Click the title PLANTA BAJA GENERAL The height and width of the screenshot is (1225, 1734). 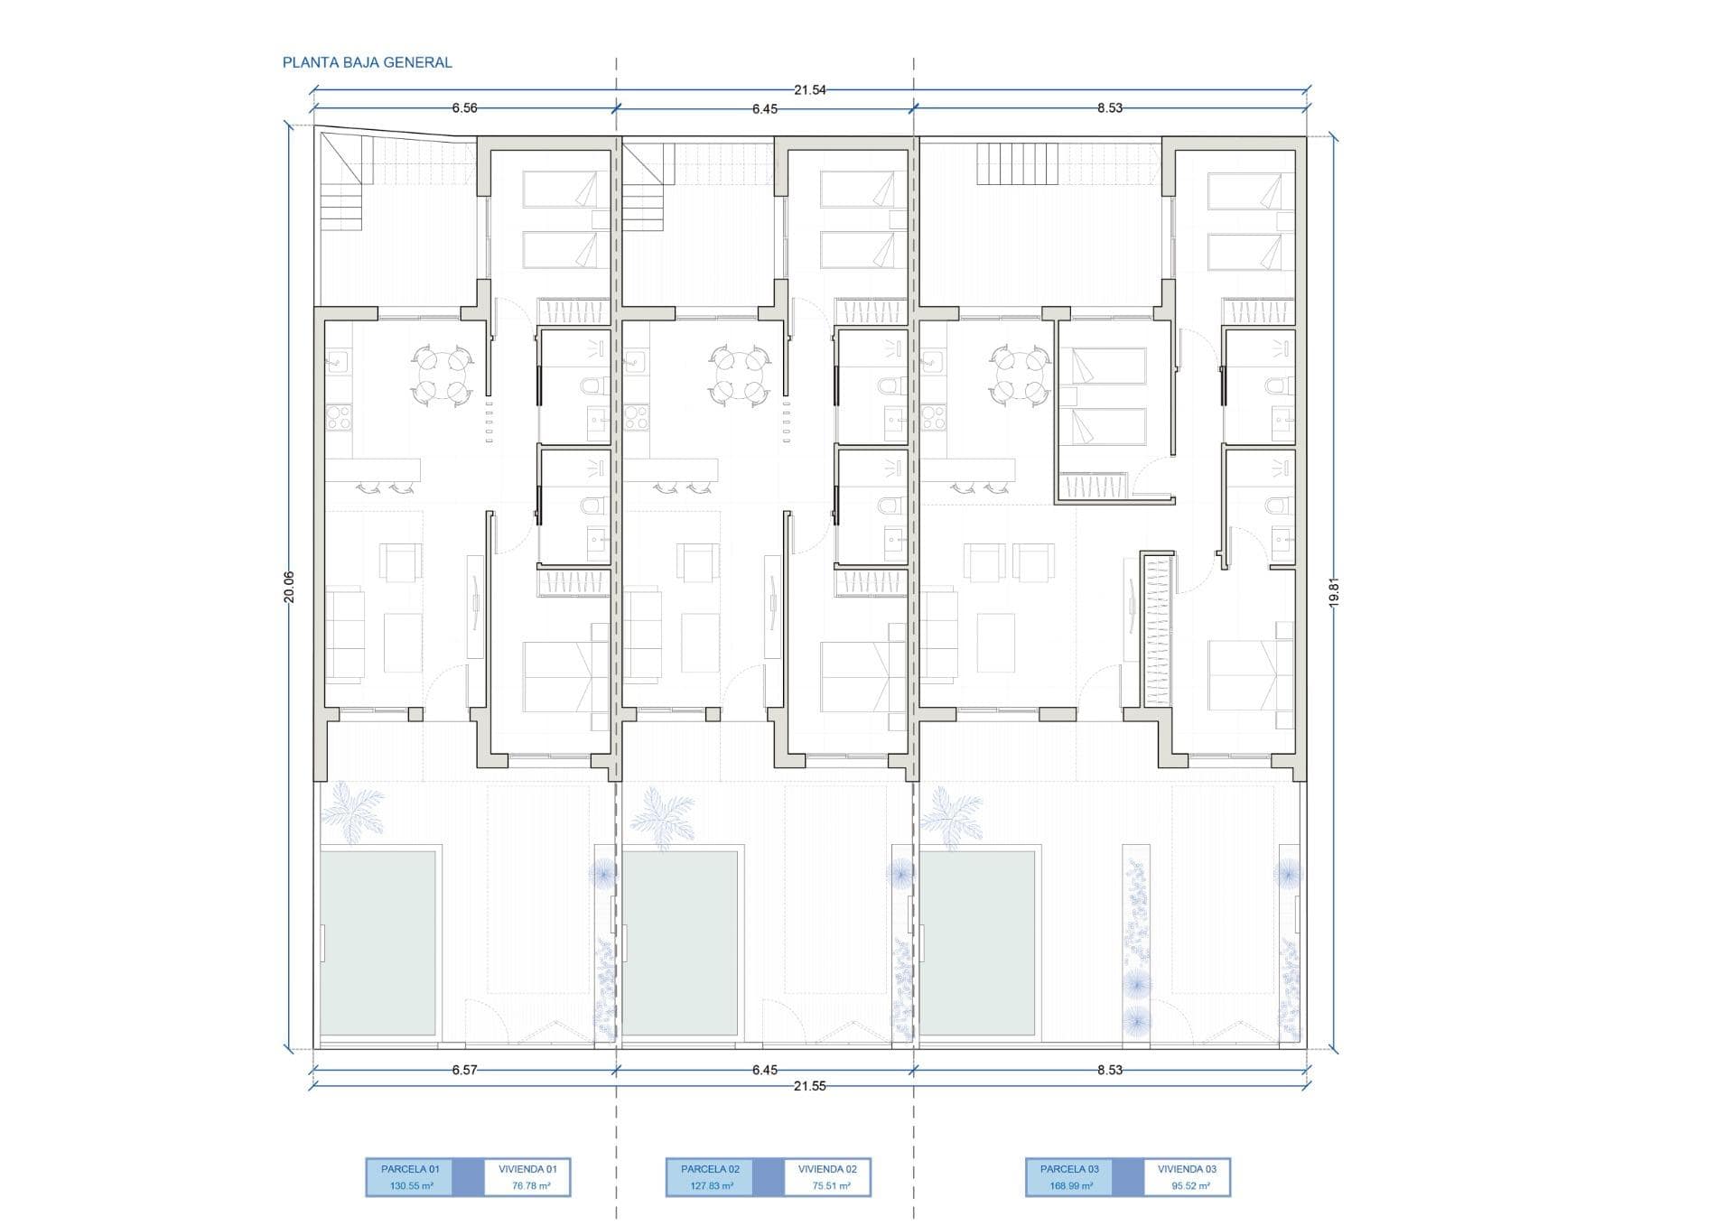(x=367, y=62)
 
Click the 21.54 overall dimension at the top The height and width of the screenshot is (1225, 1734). (x=810, y=90)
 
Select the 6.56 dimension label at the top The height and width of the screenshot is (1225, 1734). (x=464, y=108)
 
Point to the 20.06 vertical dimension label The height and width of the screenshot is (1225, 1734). (x=289, y=587)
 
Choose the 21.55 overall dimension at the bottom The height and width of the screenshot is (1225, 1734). (x=809, y=1086)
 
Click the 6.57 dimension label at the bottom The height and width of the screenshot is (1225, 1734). (x=464, y=1070)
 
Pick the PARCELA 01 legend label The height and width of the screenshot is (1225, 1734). (x=410, y=1169)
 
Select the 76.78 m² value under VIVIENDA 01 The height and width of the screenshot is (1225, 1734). (x=531, y=1186)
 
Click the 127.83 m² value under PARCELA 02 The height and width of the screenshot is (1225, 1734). (x=711, y=1186)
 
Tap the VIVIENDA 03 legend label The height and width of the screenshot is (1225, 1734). (x=1187, y=1169)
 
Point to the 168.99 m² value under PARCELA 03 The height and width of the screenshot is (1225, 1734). (x=1069, y=1186)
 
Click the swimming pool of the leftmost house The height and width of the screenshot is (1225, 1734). (x=379, y=942)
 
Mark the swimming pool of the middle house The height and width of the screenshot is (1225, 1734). (x=680, y=942)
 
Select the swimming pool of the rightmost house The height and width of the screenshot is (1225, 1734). (x=977, y=942)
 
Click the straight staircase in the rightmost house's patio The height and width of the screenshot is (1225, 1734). (x=1018, y=164)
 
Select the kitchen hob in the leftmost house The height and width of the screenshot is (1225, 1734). (x=339, y=417)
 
